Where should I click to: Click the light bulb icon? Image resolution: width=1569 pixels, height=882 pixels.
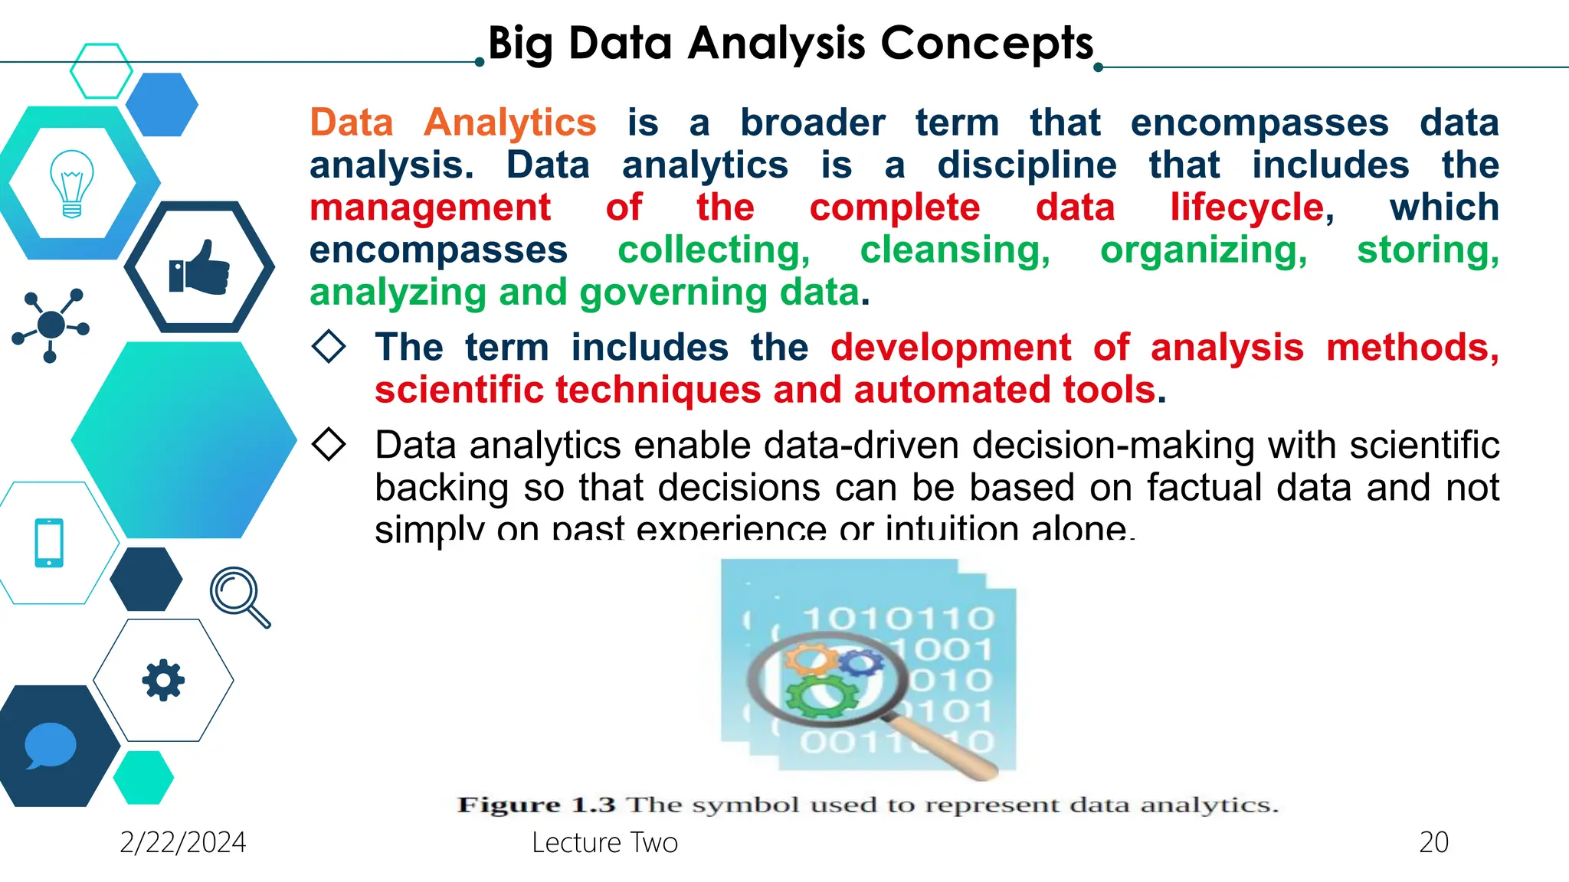click(x=71, y=184)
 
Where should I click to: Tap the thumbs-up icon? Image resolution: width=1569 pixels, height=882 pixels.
click(x=199, y=268)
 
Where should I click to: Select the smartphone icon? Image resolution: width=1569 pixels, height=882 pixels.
click(x=49, y=543)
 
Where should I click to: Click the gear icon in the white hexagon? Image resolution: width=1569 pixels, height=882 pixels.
click(x=163, y=680)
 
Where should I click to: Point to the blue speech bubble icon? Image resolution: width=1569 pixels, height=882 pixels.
click(x=51, y=745)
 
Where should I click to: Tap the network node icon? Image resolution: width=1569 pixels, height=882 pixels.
click(x=51, y=325)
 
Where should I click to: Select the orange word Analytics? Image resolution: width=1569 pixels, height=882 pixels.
click(x=509, y=122)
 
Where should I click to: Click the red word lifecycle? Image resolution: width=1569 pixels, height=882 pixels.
click(x=1247, y=207)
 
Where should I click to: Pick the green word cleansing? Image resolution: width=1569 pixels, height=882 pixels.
click(x=955, y=250)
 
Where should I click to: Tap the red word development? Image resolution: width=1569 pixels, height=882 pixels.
click(x=951, y=348)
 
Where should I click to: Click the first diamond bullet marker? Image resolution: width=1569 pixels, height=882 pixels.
click(x=329, y=346)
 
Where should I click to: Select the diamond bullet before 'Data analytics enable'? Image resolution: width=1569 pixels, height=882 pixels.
click(x=329, y=444)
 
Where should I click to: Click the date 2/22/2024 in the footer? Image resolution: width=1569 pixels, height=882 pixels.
click(x=182, y=842)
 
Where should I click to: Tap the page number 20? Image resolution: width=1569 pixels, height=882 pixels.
click(x=1433, y=842)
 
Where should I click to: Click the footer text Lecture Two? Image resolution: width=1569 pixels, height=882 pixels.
click(x=604, y=842)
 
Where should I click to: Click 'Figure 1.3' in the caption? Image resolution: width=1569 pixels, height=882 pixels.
click(x=536, y=805)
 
